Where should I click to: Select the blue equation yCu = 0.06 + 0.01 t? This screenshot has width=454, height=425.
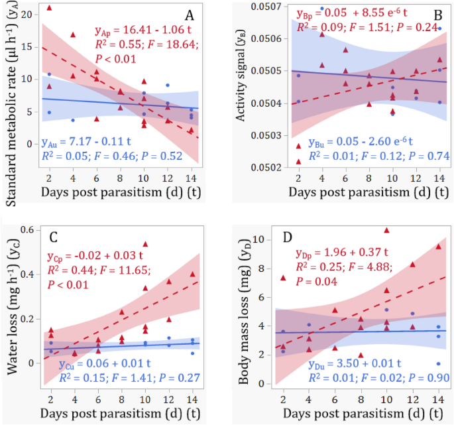[100, 366]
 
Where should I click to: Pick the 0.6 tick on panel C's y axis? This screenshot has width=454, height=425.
[26, 230]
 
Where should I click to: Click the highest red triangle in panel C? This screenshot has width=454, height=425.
[145, 244]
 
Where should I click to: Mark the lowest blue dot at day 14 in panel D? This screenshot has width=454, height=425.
[438, 363]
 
